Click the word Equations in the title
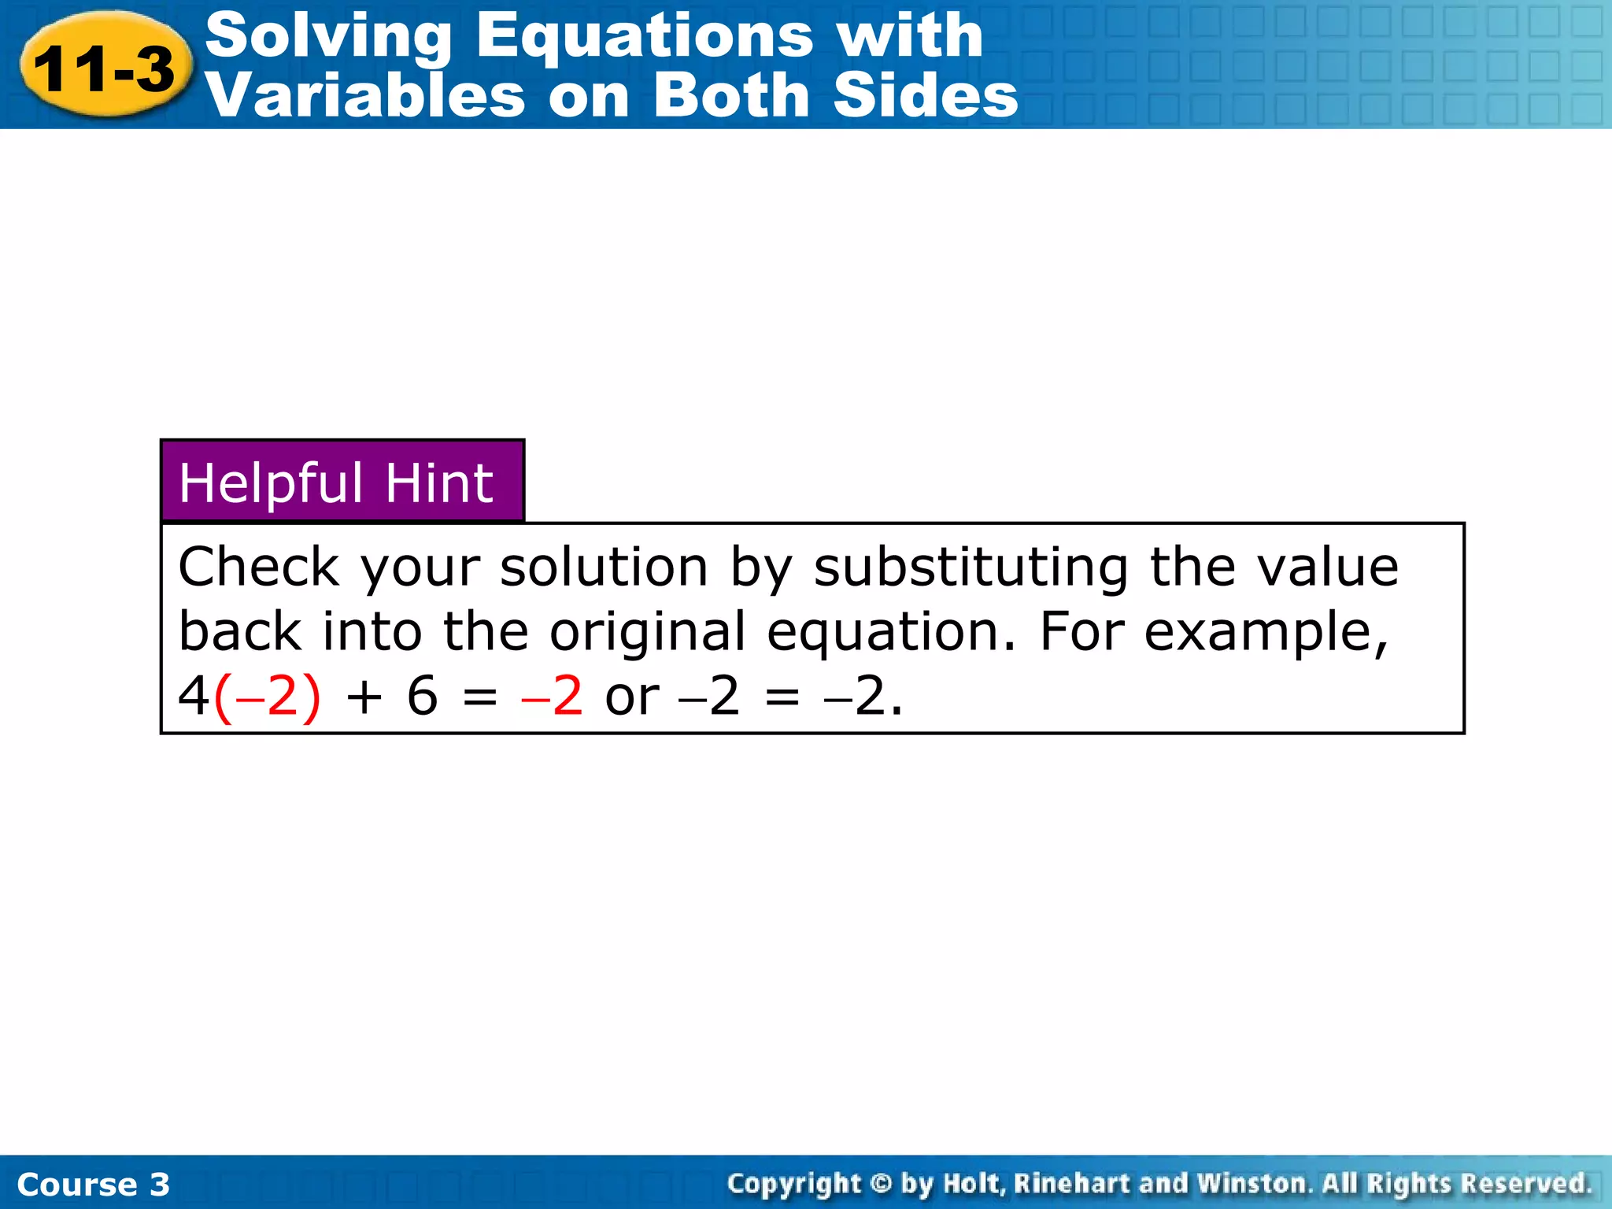coord(645,35)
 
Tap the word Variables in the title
coord(364,96)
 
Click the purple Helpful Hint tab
coord(342,482)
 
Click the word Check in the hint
coord(259,567)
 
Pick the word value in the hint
coord(1328,567)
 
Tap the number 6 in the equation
coord(422,696)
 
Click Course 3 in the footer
coord(93,1184)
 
